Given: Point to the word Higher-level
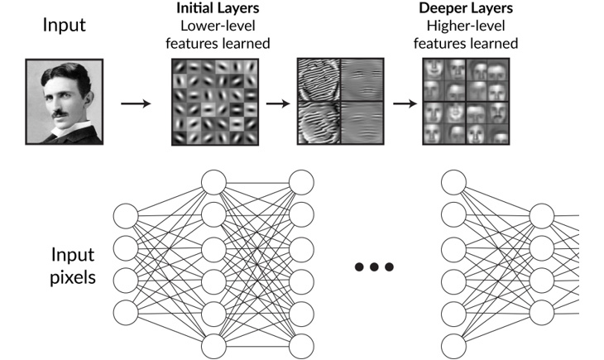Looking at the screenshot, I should [x=471, y=26].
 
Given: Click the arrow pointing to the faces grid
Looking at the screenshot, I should [x=403, y=104].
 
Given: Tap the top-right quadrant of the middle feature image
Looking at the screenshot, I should [x=361, y=79].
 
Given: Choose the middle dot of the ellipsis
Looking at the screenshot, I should [x=374, y=266].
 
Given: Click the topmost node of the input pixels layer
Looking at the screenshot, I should [x=125, y=216].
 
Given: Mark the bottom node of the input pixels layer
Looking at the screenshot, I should [x=125, y=313].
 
